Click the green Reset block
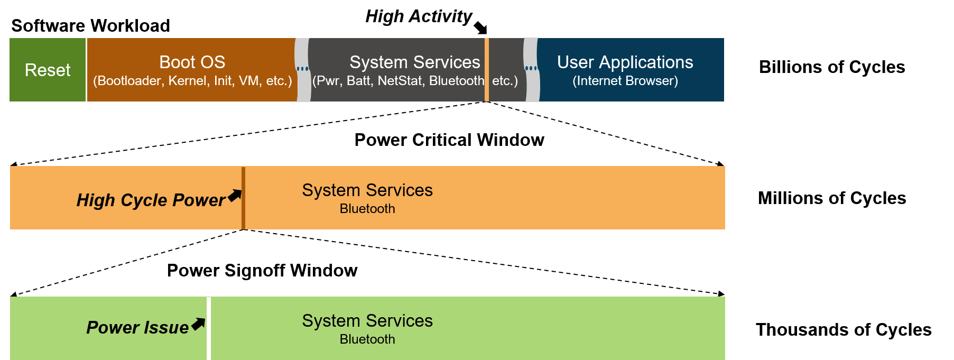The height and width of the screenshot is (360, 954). (48, 70)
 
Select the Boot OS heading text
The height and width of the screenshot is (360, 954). (192, 62)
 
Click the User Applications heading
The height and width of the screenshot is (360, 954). (625, 62)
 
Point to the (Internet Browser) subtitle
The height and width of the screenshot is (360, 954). (625, 81)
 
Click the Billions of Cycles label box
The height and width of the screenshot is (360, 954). (831, 67)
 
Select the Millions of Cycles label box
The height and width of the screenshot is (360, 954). (831, 198)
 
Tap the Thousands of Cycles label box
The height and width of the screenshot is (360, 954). (843, 329)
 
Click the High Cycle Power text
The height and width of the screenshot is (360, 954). (151, 200)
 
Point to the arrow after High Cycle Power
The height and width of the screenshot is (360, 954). (235, 195)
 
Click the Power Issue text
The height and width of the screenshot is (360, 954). (137, 328)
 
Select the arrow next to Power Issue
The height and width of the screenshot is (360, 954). (198, 324)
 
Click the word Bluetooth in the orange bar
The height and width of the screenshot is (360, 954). (367, 209)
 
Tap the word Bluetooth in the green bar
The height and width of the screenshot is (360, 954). (367, 339)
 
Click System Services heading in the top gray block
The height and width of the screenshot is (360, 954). (414, 62)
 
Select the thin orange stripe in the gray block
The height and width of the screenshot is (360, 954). (487, 70)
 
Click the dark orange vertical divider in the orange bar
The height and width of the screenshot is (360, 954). (243, 198)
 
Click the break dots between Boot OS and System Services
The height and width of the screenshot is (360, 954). (302, 69)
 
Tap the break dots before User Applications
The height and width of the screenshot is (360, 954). (531, 68)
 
